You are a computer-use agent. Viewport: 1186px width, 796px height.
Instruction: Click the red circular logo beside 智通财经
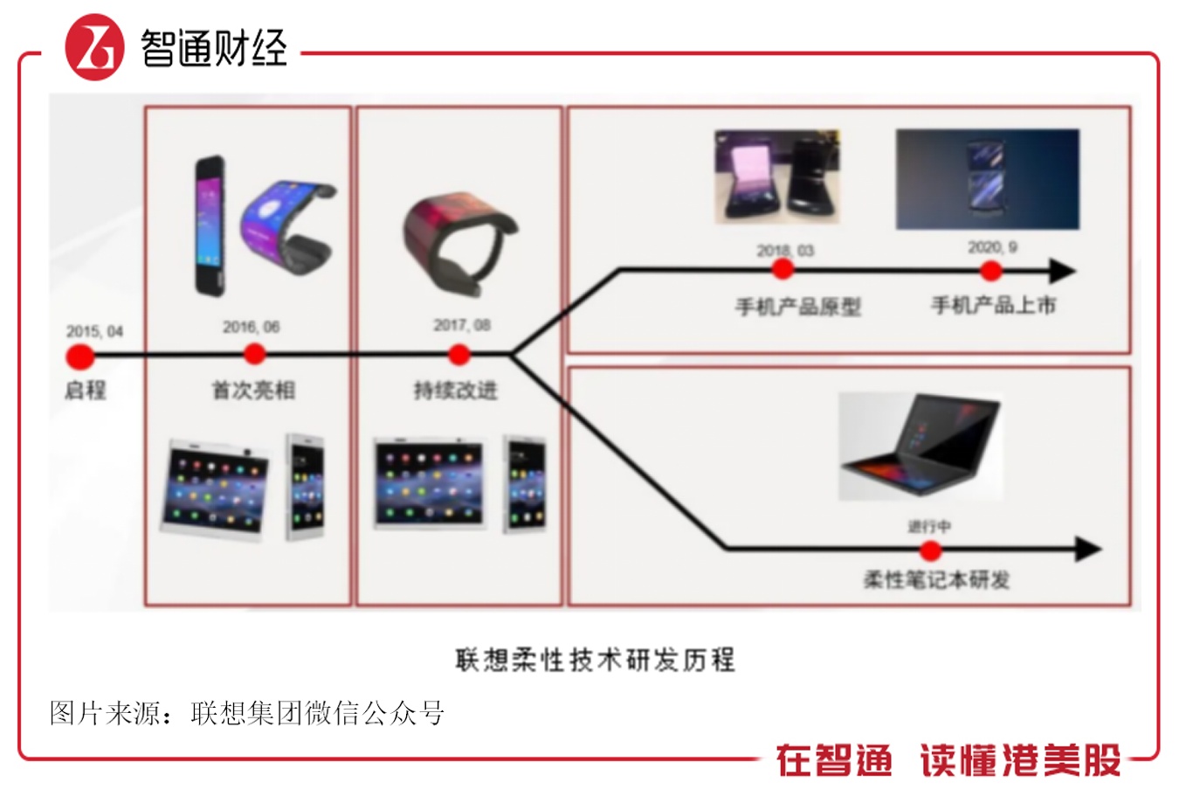coord(95,47)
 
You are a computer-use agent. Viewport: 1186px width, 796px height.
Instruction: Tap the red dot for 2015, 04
coord(80,356)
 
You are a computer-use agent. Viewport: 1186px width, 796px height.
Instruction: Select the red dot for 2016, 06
coord(254,354)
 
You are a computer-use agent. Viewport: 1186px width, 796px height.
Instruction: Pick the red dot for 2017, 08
coord(459,355)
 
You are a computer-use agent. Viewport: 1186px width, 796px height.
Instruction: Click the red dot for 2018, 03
coord(783,269)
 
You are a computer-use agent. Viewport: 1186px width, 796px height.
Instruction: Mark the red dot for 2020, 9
coord(991,271)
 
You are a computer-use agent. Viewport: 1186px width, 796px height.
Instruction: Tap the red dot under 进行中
coord(930,550)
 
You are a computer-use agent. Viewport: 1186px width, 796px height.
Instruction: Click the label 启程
coord(86,391)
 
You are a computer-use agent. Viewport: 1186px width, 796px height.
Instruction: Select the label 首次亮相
coord(253,391)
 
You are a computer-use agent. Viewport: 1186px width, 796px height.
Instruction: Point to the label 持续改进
coord(455,391)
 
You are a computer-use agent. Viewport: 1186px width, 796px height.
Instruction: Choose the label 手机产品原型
coord(798,307)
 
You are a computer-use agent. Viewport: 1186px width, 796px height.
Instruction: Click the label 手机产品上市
coord(994,305)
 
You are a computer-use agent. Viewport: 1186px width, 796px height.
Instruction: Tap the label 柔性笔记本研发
coord(936,580)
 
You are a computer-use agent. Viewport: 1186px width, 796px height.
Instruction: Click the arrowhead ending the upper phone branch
coord(1063,271)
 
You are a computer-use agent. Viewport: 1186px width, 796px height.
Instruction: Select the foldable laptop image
coord(921,446)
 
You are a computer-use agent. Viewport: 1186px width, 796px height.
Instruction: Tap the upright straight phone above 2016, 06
coord(210,226)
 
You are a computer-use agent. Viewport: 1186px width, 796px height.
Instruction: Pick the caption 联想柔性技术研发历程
coord(596,660)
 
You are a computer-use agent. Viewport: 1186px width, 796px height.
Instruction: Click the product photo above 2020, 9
coord(988,179)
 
